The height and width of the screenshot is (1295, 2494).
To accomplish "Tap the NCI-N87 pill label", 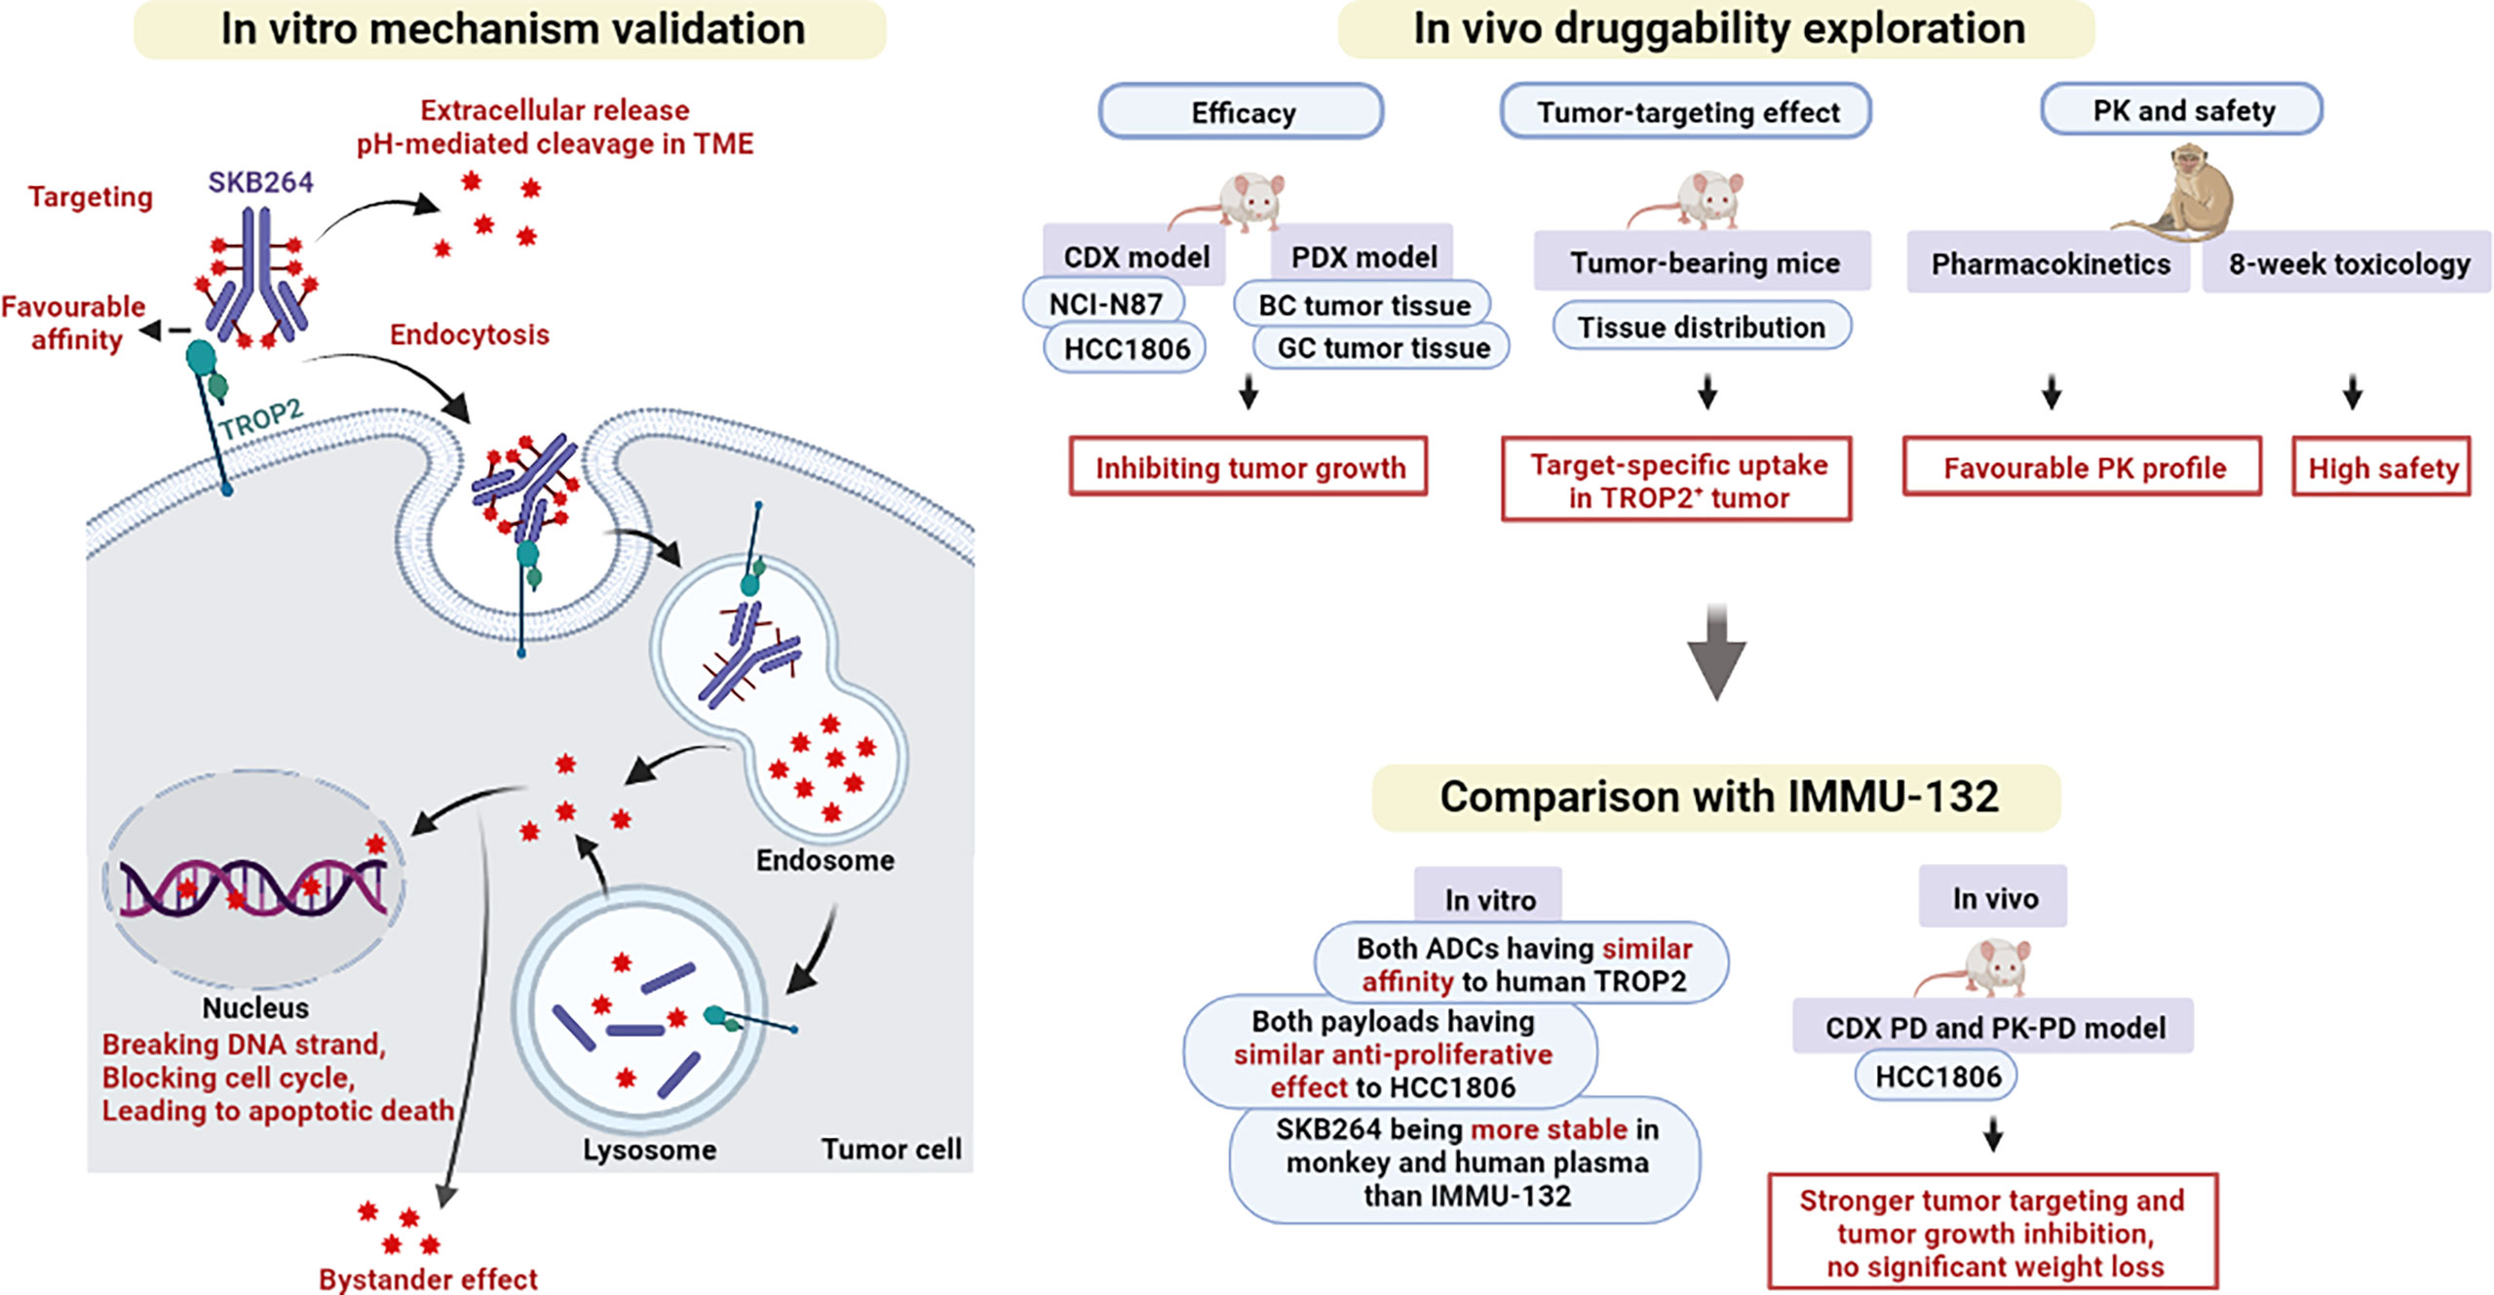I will point(1105,304).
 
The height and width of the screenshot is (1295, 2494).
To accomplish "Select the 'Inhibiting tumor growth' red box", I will point(1248,467).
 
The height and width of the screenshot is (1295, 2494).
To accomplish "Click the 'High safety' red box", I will point(2381,468).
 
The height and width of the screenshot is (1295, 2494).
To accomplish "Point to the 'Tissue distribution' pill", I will point(1701,327).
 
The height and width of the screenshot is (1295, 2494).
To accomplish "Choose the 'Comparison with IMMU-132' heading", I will point(1717,797).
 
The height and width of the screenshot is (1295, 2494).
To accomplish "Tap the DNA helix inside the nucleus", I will point(253,886).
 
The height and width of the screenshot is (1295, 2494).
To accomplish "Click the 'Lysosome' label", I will point(649,1150).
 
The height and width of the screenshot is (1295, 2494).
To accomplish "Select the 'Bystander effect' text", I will point(428,1278).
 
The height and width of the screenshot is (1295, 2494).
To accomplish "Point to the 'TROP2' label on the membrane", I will point(260,419).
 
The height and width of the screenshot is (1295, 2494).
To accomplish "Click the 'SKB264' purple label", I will point(260,182).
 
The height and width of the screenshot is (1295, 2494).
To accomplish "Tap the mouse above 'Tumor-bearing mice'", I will point(1701,200).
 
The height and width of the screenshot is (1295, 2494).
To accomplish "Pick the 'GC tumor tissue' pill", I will point(1382,348).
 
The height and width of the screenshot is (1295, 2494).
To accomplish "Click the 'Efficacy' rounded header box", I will point(1242,112).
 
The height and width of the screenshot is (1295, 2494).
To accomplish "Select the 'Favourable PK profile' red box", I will point(2083,468).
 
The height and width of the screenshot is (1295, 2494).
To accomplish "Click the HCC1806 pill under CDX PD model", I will point(1937,1077).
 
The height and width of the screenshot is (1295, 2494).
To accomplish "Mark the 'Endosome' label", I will point(825,860).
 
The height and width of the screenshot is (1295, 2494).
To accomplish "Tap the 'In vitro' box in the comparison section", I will point(1488,898).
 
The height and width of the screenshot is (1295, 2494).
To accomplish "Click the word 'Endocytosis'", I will point(469,334).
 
